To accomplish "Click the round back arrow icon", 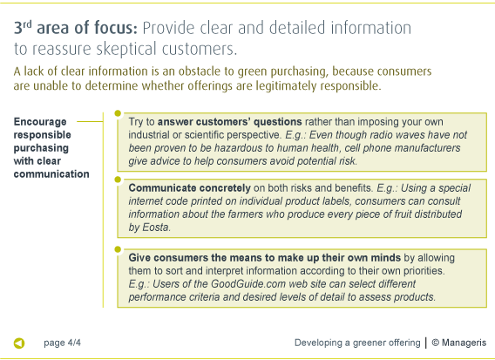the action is click(x=19, y=343).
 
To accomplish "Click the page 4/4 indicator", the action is click(x=62, y=343).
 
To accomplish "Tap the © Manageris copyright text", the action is click(x=459, y=343).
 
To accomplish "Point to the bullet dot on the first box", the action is click(x=118, y=113).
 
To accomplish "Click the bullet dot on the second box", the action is click(x=118, y=180).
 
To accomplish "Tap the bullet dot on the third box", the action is click(x=118, y=249).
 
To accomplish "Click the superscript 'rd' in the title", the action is click(x=28, y=24).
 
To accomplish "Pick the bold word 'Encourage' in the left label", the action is click(x=40, y=122).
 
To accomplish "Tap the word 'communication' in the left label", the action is click(x=51, y=174).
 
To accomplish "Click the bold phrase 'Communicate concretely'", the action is click(x=189, y=188).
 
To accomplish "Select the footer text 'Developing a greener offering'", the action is click(x=357, y=343).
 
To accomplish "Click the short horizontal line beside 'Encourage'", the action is click(x=91, y=121).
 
